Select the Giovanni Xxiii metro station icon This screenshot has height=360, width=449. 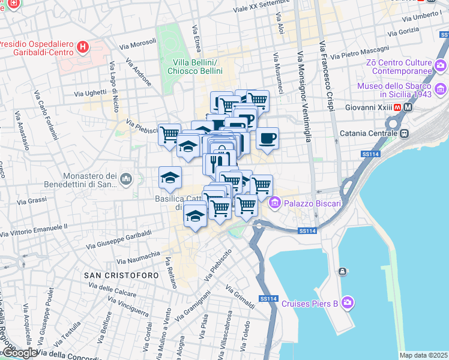point(408,107)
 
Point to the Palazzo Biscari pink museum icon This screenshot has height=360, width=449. point(276,203)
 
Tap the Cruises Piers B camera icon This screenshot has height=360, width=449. point(348,303)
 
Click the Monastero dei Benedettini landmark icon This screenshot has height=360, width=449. point(125,179)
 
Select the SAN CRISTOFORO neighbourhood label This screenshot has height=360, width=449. point(122,275)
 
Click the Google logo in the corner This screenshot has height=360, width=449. point(19,353)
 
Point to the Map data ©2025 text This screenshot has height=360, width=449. point(423,355)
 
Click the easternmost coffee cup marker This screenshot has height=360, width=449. point(268,137)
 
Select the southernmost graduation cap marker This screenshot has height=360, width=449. point(194,215)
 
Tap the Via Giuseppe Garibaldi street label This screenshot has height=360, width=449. point(119,238)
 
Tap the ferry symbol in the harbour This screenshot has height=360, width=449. point(342,272)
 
